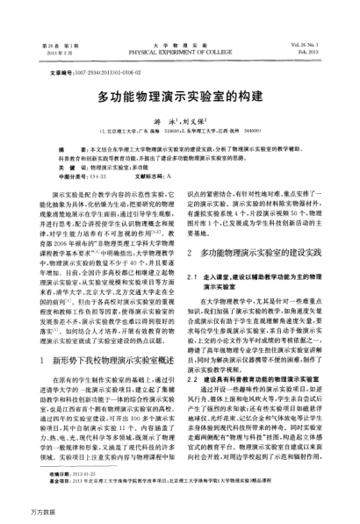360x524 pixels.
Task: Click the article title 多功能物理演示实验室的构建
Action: click(180, 93)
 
